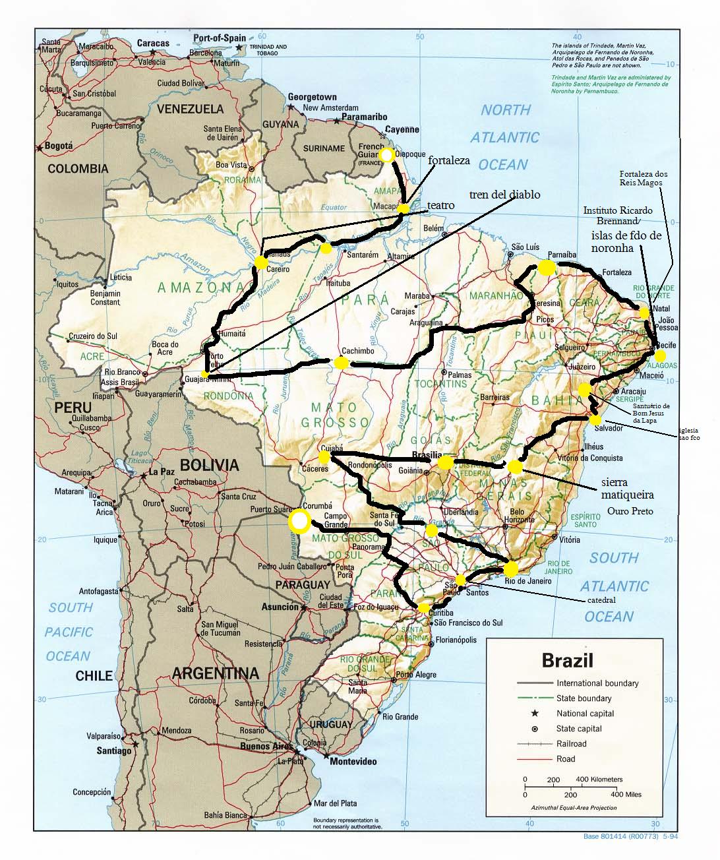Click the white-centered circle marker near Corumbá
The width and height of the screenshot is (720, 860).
299,522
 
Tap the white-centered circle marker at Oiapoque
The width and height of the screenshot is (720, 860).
386,155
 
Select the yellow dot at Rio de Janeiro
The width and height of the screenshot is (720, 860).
510,568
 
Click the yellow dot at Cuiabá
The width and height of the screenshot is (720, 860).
324,456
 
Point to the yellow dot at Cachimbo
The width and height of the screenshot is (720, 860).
341,363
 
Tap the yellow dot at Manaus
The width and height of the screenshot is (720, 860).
260,263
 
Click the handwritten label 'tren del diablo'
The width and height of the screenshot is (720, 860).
504,195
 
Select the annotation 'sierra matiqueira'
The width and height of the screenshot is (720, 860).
627,488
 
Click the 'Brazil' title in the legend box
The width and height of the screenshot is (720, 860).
567,660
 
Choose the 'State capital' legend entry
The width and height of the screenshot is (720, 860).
579,729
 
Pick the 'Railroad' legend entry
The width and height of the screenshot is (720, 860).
571,744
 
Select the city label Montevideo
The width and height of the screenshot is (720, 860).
353,761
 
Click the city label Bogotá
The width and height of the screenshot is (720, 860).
58,146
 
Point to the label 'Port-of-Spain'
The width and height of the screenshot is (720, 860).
220,38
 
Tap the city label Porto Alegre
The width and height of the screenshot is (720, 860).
417,675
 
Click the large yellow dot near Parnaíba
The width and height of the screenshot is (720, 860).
546,267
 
